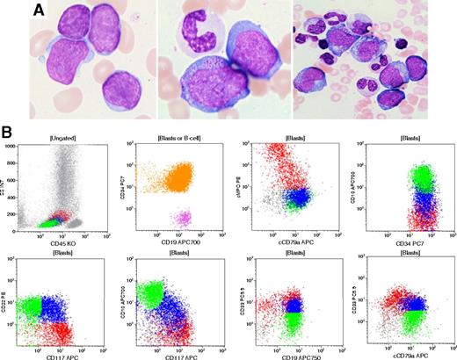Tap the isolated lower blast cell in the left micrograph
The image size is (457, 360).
121,90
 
